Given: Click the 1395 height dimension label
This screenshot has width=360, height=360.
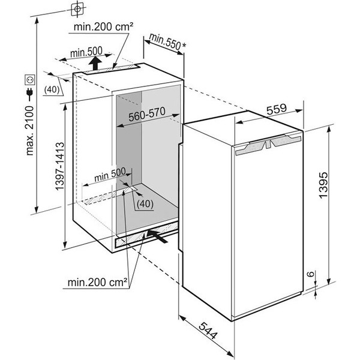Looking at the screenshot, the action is pos(323,185).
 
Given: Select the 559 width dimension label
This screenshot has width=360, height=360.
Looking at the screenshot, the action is pos(277,109).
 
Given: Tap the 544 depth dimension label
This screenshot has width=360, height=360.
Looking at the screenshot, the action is pos(208,331).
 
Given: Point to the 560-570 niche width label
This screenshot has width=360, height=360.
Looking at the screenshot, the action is pos(147,114).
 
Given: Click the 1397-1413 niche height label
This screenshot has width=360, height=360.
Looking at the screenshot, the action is pos(59,166).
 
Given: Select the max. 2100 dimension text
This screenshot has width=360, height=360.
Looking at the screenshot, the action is pos(29,130).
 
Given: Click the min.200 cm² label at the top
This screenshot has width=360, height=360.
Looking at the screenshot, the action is pos(103,27).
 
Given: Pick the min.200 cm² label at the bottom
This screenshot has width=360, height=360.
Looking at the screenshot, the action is pos(98,282).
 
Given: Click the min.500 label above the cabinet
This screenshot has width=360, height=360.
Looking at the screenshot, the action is pos(86,52).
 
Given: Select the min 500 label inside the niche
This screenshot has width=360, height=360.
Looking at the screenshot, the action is pos(110,175).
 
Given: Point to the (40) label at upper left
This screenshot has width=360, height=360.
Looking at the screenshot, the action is pos(52,89).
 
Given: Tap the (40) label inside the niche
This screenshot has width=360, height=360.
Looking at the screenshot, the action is pos(145,203).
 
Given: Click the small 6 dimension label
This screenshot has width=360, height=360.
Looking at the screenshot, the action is pos(310,274).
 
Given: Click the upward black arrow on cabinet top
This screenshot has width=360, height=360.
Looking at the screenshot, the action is pos(95,63).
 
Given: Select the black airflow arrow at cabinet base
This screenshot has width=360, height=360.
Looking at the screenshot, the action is pos(157,236).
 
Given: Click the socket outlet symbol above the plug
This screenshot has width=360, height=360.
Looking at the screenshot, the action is pos(30,80).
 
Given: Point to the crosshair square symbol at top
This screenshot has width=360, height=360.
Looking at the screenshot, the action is pos(77,9).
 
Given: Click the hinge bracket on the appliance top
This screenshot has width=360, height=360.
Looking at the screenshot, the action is pos(268,145).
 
